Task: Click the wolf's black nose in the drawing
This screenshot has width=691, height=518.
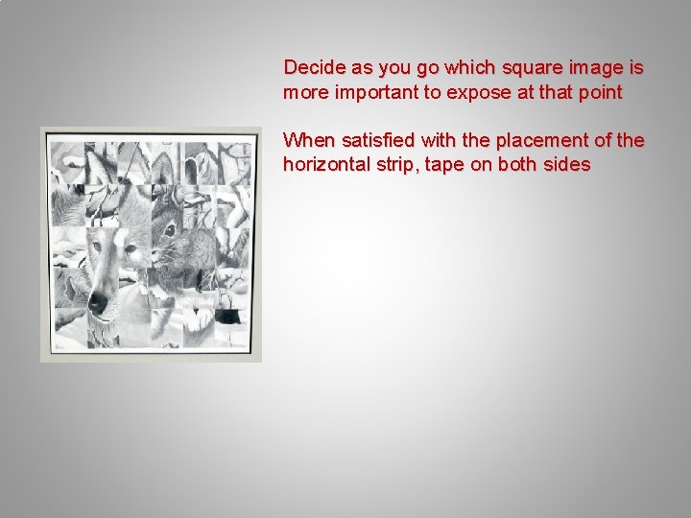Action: pyautogui.click(x=97, y=303)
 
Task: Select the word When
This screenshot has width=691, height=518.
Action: pyautogui.click(x=305, y=140)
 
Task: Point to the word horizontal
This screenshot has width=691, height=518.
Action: pyautogui.click(x=325, y=165)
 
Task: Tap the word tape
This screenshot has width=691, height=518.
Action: pyautogui.click(x=445, y=165)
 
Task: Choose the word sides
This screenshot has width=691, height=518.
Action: pyautogui.click(x=567, y=165)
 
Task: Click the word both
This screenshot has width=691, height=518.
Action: pyautogui.click(x=518, y=165)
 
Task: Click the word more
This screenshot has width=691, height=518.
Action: pyautogui.click(x=304, y=93)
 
